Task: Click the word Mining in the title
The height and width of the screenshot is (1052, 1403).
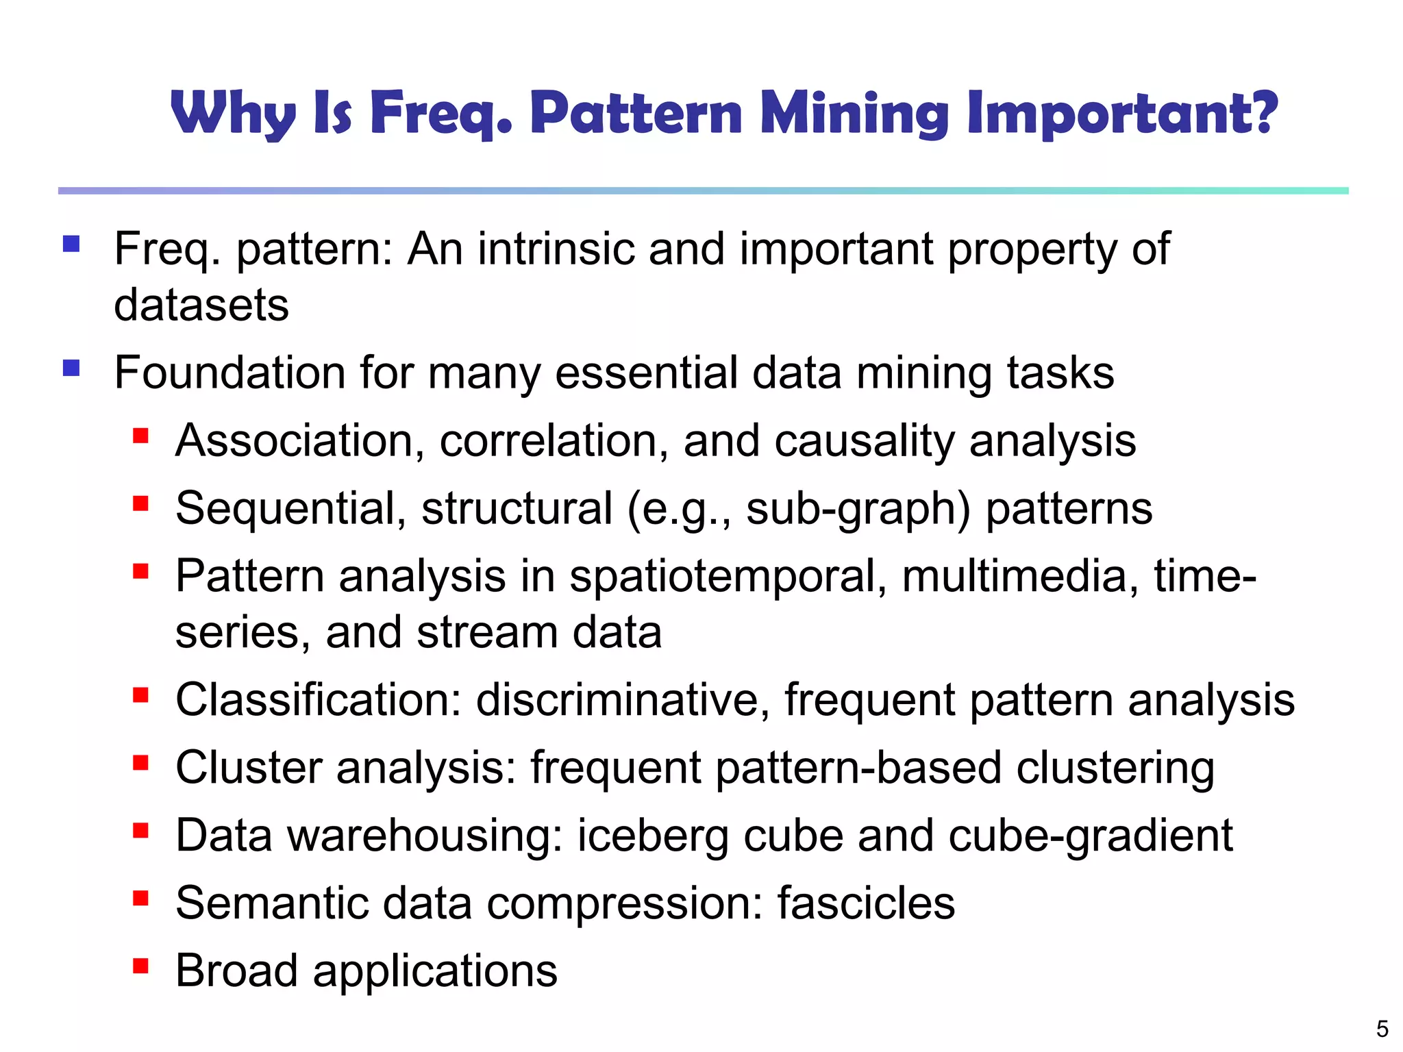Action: pos(854,114)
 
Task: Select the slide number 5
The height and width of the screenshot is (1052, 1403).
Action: pos(1382,1029)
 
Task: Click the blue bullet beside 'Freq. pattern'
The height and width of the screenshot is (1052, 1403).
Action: pos(71,245)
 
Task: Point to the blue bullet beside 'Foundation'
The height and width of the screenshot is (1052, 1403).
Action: pos(71,368)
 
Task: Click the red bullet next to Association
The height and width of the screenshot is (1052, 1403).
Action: pos(140,436)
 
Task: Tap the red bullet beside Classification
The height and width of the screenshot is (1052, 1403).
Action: pos(140,696)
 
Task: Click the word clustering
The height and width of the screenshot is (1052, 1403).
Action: pos(1115,768)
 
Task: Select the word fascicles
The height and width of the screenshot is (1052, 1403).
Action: pos(866,903)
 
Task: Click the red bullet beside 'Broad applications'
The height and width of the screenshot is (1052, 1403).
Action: pos(140,966)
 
